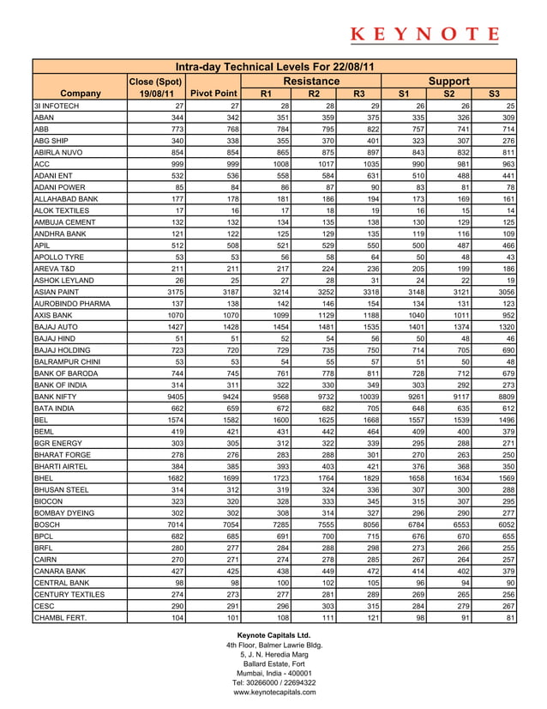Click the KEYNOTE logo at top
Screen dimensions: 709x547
(425, 35)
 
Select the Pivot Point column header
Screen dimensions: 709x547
(213, 93)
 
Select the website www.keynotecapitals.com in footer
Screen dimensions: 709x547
(274, 692)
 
